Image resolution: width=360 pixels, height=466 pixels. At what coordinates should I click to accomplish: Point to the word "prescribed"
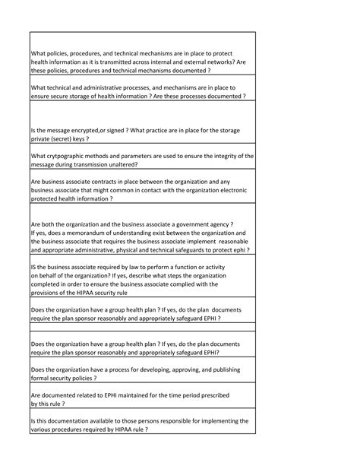pos(209,395)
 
